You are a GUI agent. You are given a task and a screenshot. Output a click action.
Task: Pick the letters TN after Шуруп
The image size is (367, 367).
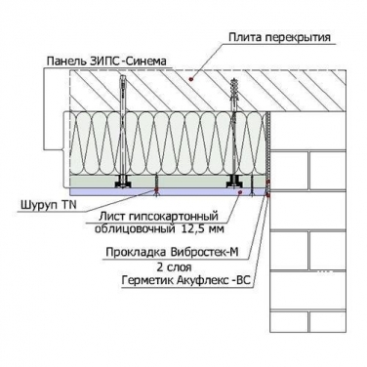pos(69,205)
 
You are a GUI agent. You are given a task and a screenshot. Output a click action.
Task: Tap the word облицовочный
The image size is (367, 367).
pos(137,229)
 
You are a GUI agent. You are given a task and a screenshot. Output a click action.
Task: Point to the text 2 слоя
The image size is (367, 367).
pos(174,267)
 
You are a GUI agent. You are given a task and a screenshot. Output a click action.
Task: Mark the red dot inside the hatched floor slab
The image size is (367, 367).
pos(191,79)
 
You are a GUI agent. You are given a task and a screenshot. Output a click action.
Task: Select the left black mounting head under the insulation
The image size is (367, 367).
pos(123,183)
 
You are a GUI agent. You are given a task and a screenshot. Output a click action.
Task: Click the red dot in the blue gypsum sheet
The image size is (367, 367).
pos(239,192)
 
